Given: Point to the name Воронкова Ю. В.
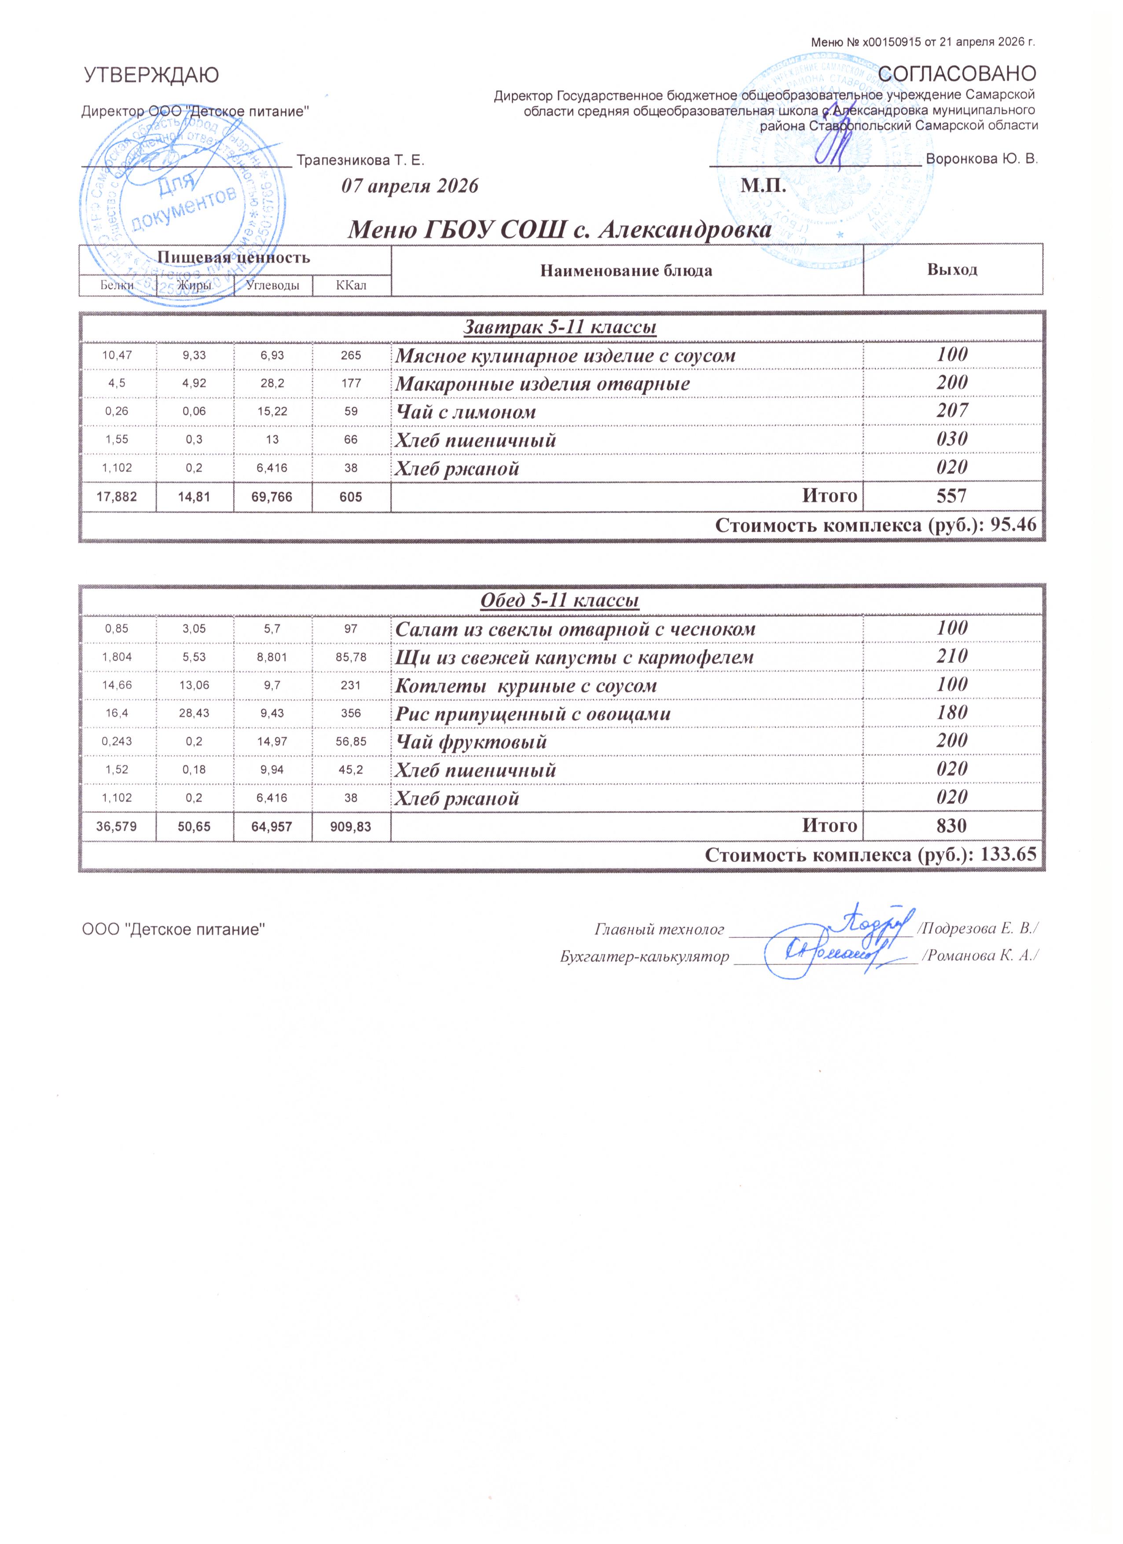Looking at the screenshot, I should click(982, 159).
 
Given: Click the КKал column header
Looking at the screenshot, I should click(352, 285).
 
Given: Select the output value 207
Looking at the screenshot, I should click(952, 410).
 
